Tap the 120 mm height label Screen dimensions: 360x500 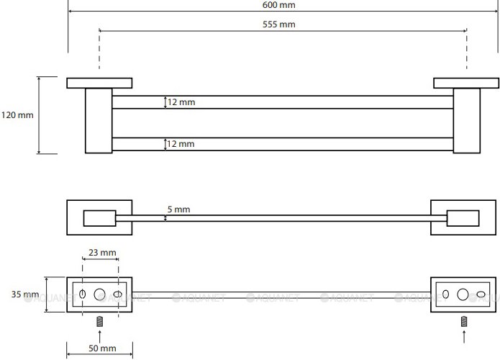pyautogui.click(x=17, y=115)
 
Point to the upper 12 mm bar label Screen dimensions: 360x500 pyautogui.click(x=181, y=102)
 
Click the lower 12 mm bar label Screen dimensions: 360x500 pyautogui.click(x=181, y=144)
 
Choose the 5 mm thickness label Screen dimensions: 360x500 pyautogui.click(x=178, y=210)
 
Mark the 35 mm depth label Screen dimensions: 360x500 pyautogui.click(x=25, y=294)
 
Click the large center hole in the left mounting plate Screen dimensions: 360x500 pyautogui.click(x=99, y=294)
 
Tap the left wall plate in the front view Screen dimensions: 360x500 pyautogui.click(x=99, y=83)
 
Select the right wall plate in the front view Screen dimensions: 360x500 pyautogui.click(x=463, y=83)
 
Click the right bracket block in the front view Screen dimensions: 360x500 pyautogui.click(x=466, y=120)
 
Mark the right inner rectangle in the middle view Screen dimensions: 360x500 pyautogui.click(x=463, y=217)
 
